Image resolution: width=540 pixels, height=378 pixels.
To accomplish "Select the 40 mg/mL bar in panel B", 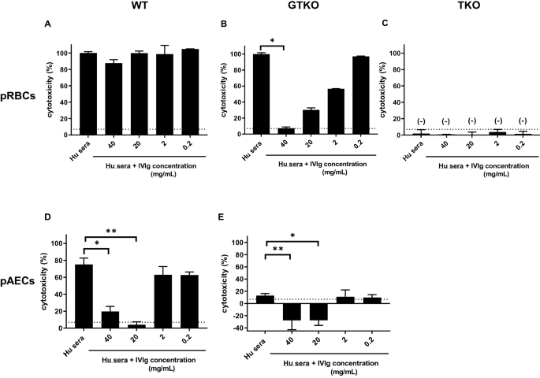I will pyautogui.click(x=289, y=131).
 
